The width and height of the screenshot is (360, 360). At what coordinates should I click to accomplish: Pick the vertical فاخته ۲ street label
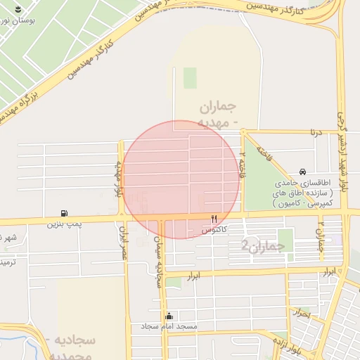(x=242, y=165)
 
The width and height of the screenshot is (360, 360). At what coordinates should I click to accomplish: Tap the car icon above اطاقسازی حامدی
(x=302, y=172)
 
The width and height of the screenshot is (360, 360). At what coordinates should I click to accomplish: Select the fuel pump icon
(x=64, y=213)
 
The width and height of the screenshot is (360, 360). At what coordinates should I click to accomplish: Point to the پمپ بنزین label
(x=60, y=224)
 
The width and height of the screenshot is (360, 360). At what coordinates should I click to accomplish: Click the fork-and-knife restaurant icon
(x=214, y=219)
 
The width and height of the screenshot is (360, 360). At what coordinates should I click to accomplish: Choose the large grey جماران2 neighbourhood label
(x=263, y=246)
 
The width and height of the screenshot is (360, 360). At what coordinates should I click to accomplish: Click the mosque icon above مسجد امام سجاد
(x=168, y=316)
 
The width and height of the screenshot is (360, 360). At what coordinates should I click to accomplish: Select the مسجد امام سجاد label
(x=169, y=327)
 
